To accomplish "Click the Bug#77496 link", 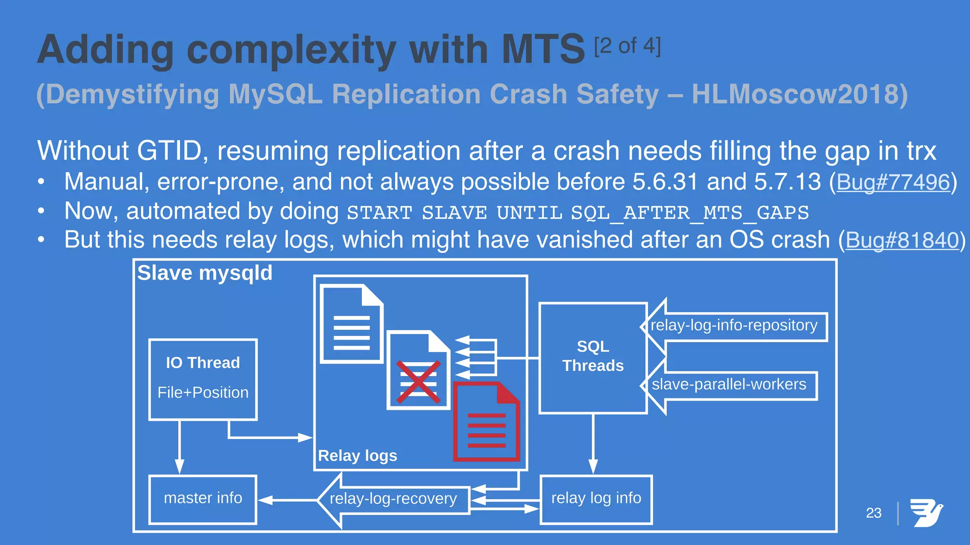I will click(893, 182).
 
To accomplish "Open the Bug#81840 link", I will click(902, 240).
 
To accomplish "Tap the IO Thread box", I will click(203, 379).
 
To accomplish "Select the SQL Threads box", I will click(593, 358).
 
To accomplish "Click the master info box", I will click(203, 499).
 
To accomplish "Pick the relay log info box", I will click(596, 499).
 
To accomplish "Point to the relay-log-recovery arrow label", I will click(393, 499).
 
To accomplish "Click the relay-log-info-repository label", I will click(734, 326).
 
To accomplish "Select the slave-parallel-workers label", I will click(728, 385).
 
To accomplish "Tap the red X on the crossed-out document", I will click(418, 382).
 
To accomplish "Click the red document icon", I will click(486, 422).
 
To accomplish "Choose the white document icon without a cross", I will click(351, 324).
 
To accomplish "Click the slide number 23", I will click(873, 513).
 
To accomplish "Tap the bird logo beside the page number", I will click(926, 513).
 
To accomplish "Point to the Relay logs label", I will click(358, 456).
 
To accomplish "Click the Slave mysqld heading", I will click(205, 273).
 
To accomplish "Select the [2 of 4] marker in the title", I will click(627, 46).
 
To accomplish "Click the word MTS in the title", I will click(543, 50).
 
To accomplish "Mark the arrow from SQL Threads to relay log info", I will click(593, 445).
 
